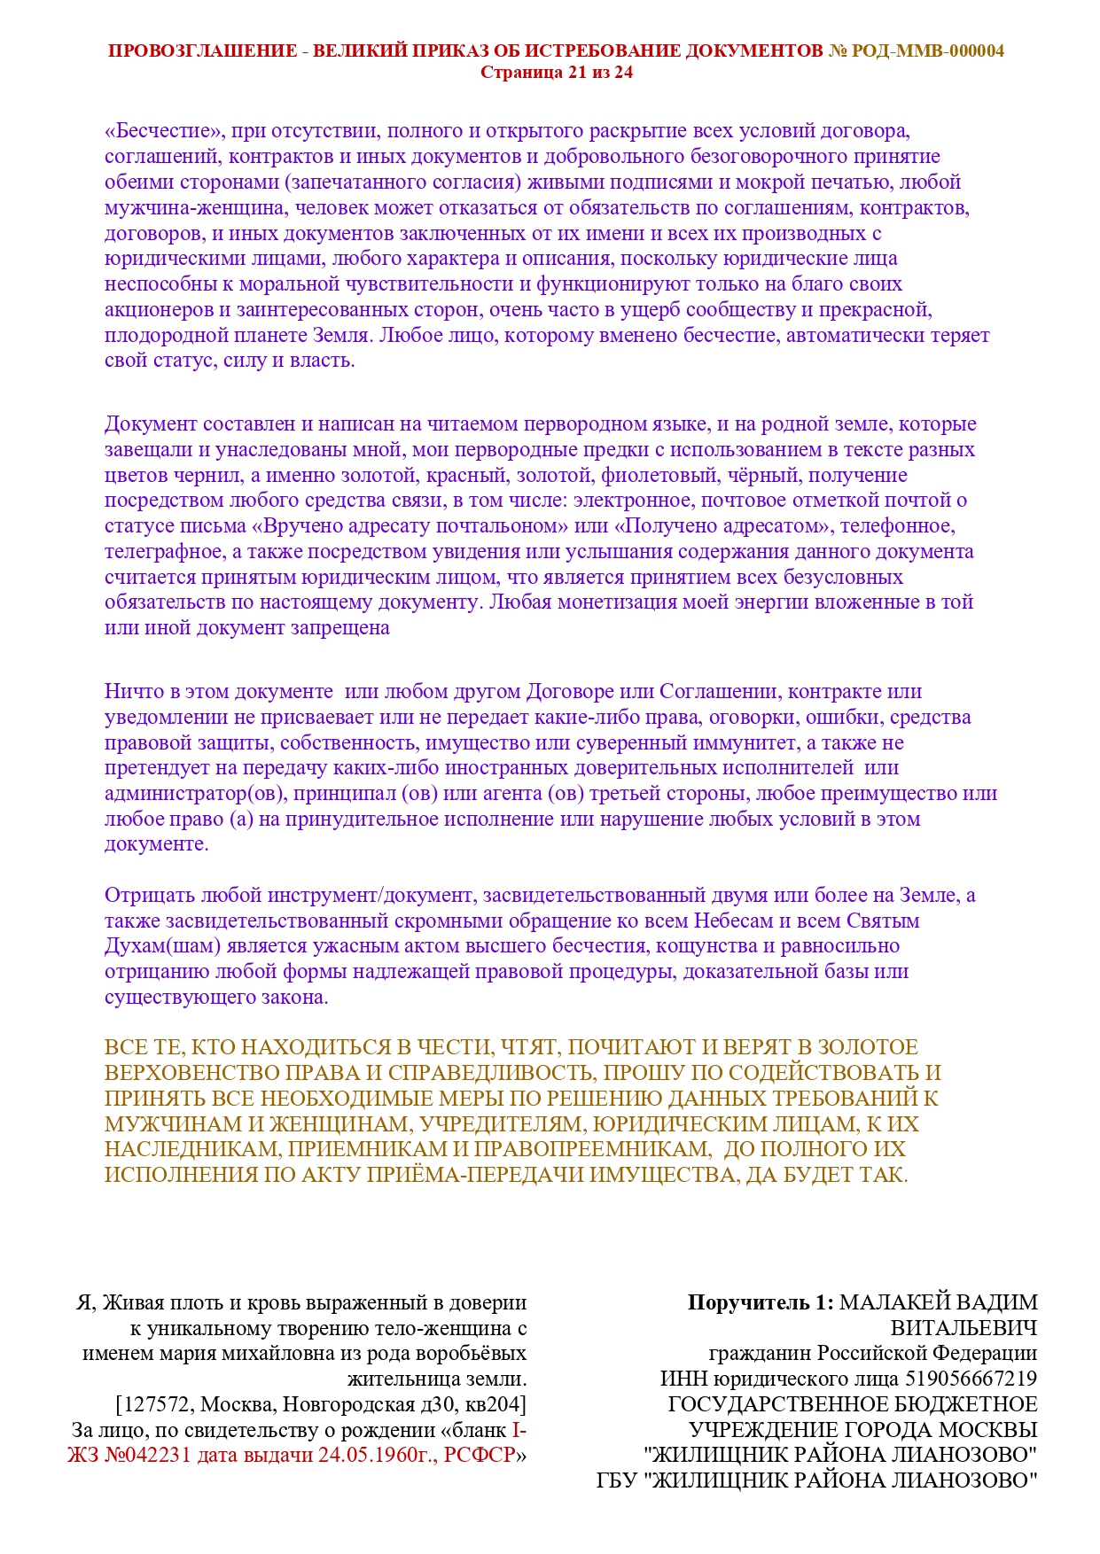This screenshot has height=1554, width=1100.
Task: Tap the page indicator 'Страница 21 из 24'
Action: coord(557,73)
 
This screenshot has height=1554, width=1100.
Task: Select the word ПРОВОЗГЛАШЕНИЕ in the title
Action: coord(202,51)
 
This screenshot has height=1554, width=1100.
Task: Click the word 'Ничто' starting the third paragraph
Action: coord(131,692)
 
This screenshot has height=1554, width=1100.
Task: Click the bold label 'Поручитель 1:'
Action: coord(760,1303)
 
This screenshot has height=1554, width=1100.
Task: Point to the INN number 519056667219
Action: coord(970,1379)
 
